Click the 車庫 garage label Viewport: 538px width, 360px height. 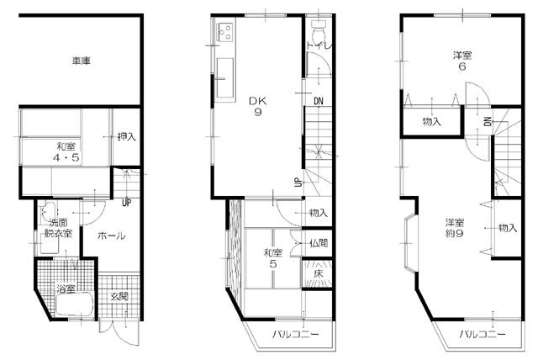tap(82, 61)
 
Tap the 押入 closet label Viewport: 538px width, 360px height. tap(126, 135)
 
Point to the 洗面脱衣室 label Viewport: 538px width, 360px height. tap(60, 228)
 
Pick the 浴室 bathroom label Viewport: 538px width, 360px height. tap(66, 289)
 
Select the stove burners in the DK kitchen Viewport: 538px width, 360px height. tap(225, 34)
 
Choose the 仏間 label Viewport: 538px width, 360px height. tap(319, 244)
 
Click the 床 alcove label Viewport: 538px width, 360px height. tap(319, 274)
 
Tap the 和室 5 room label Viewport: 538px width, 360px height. tap(272, 257)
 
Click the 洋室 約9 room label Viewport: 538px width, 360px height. tap(455, 228)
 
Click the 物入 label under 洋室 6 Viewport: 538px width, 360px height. tap(432, 123)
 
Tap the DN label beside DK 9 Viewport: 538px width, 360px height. tap(319, 103)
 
